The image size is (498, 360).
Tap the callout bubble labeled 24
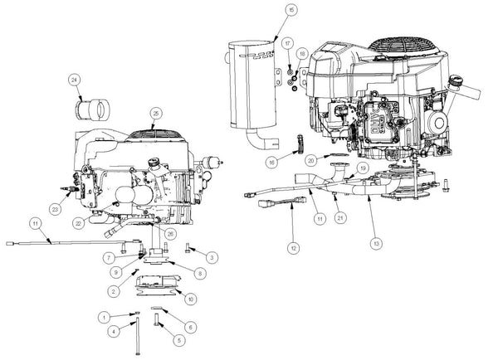(x=74, y=80)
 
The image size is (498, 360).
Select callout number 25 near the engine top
(x=155, y=113)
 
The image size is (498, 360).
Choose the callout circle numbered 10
(x=192, y=297)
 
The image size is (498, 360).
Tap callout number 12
(x=291, y=247)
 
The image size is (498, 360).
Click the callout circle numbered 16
(x=271, y=163)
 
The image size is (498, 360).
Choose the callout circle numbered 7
(x=110, y=258)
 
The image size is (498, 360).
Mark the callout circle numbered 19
(x=363, y=168)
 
